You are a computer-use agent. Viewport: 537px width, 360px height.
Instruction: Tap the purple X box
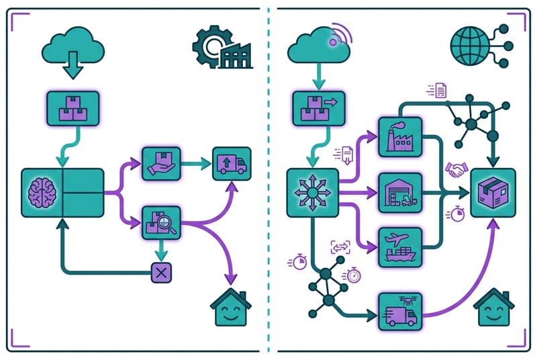pos(160,272)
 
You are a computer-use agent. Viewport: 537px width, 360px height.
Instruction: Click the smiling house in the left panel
pos(230,309)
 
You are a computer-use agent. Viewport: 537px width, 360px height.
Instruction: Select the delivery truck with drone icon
pos(401,311)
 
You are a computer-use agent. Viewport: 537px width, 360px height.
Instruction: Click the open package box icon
pos(493,193)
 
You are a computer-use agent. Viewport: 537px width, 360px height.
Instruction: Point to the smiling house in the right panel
pos(493,309)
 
